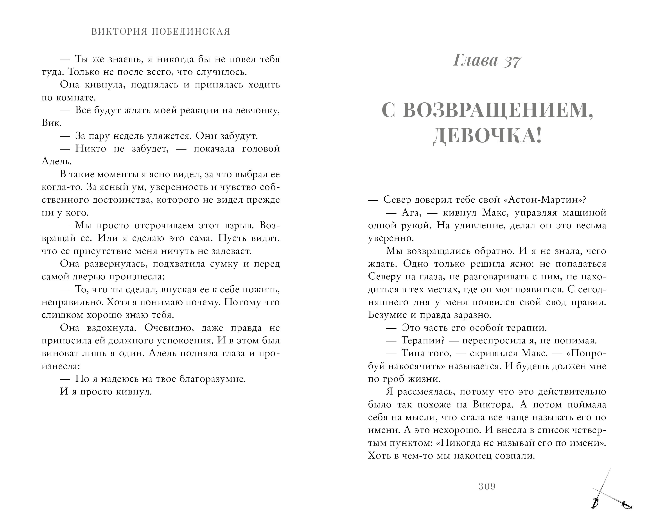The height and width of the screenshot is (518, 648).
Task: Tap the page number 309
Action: pyautogui.click(x=487, y=486)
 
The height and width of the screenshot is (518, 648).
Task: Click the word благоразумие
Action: pyautogui.click(x=212, y=379)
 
